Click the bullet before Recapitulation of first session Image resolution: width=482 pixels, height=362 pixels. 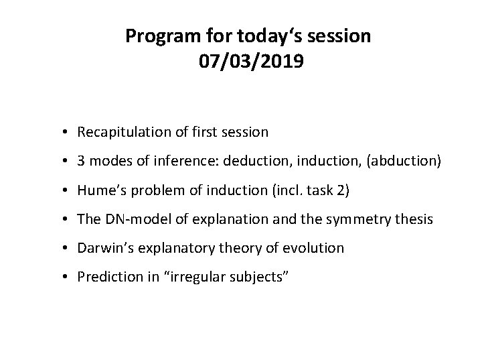pos(68,133)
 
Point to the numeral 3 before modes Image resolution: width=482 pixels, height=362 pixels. pos(81,161)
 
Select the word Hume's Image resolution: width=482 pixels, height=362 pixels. pos(98,190)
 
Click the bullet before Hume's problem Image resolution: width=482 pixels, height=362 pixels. pos(68,190)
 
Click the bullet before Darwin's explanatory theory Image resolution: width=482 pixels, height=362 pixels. pos(68,249)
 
